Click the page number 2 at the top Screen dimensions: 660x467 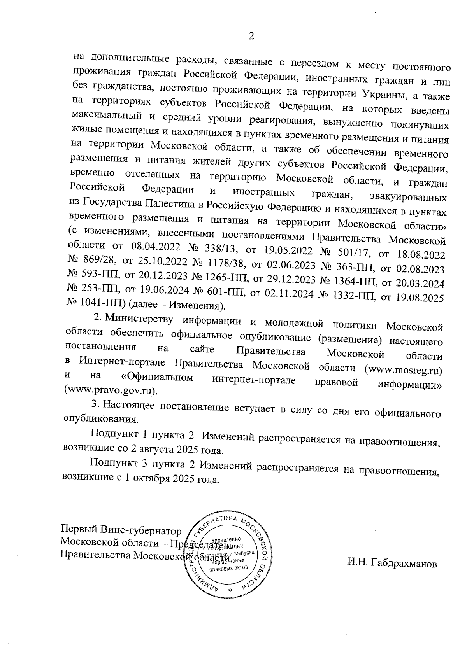click(251, 36)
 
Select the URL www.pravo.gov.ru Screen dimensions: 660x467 click(111, 389)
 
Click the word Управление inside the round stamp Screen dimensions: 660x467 click(226, 539)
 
